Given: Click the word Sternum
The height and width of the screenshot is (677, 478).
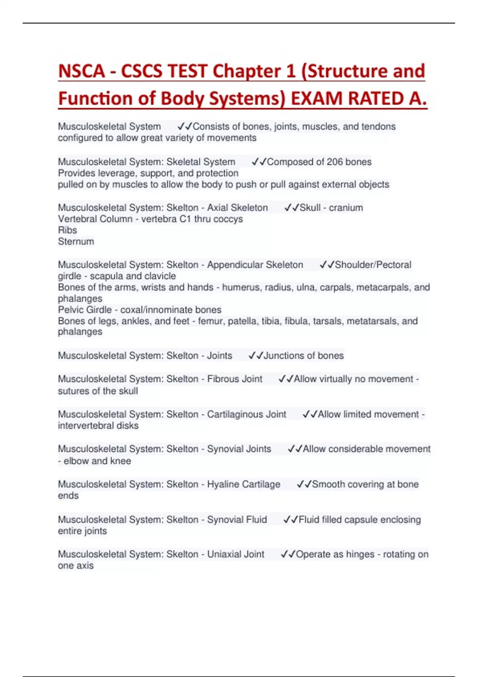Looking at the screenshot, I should coord(76,241).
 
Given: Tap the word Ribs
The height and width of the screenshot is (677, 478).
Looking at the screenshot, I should coord(67,230).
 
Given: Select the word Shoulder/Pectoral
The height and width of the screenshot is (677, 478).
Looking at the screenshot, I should coord(373,265).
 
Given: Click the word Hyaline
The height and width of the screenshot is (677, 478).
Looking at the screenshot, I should coord(221,484).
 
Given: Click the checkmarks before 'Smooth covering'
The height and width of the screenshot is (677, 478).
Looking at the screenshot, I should coord(304,484).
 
